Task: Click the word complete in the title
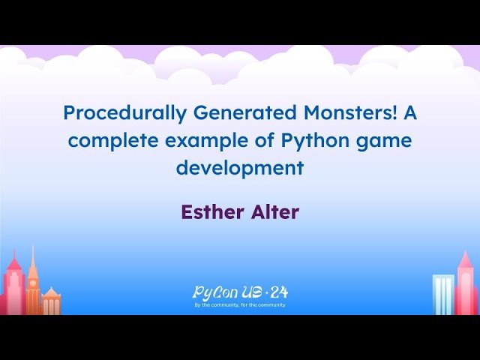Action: coord(108,140)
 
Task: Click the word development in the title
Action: coord(240,167)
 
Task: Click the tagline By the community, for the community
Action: coord(240,305)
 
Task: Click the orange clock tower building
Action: coord(32,285)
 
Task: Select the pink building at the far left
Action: coord(13,289)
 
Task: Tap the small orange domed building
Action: coord(51,301)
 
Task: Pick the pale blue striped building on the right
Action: coord(443,295)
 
